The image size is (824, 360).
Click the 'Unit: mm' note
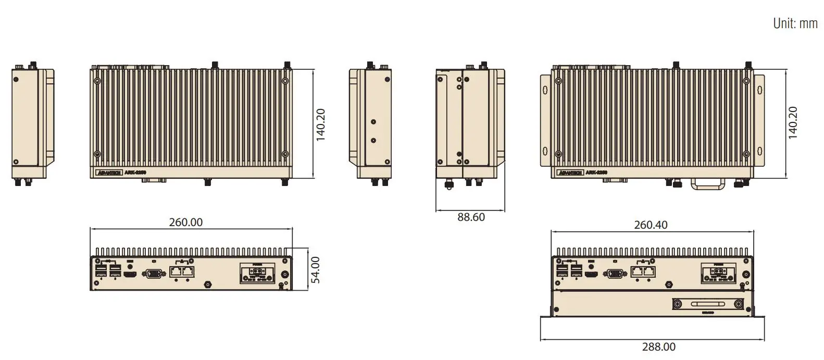click(795, 23)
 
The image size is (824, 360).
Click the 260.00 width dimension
click(185, 222)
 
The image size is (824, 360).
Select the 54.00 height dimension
click(315, 270)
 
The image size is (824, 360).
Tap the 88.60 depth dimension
click(471, 217)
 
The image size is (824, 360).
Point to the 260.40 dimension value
click(651, 225)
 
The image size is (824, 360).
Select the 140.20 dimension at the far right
click(792, 123)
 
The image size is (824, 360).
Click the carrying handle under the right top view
click(707, 183)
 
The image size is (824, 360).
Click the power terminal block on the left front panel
click(256, 274)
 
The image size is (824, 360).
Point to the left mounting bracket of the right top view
click(545, 120)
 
